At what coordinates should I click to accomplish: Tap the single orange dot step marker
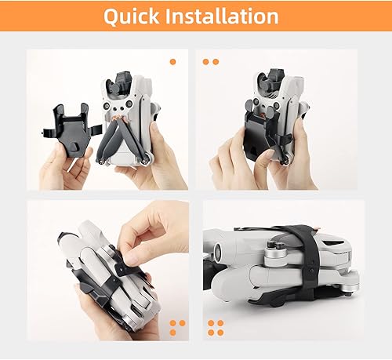172,60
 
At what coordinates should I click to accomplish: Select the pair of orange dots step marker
211,61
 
